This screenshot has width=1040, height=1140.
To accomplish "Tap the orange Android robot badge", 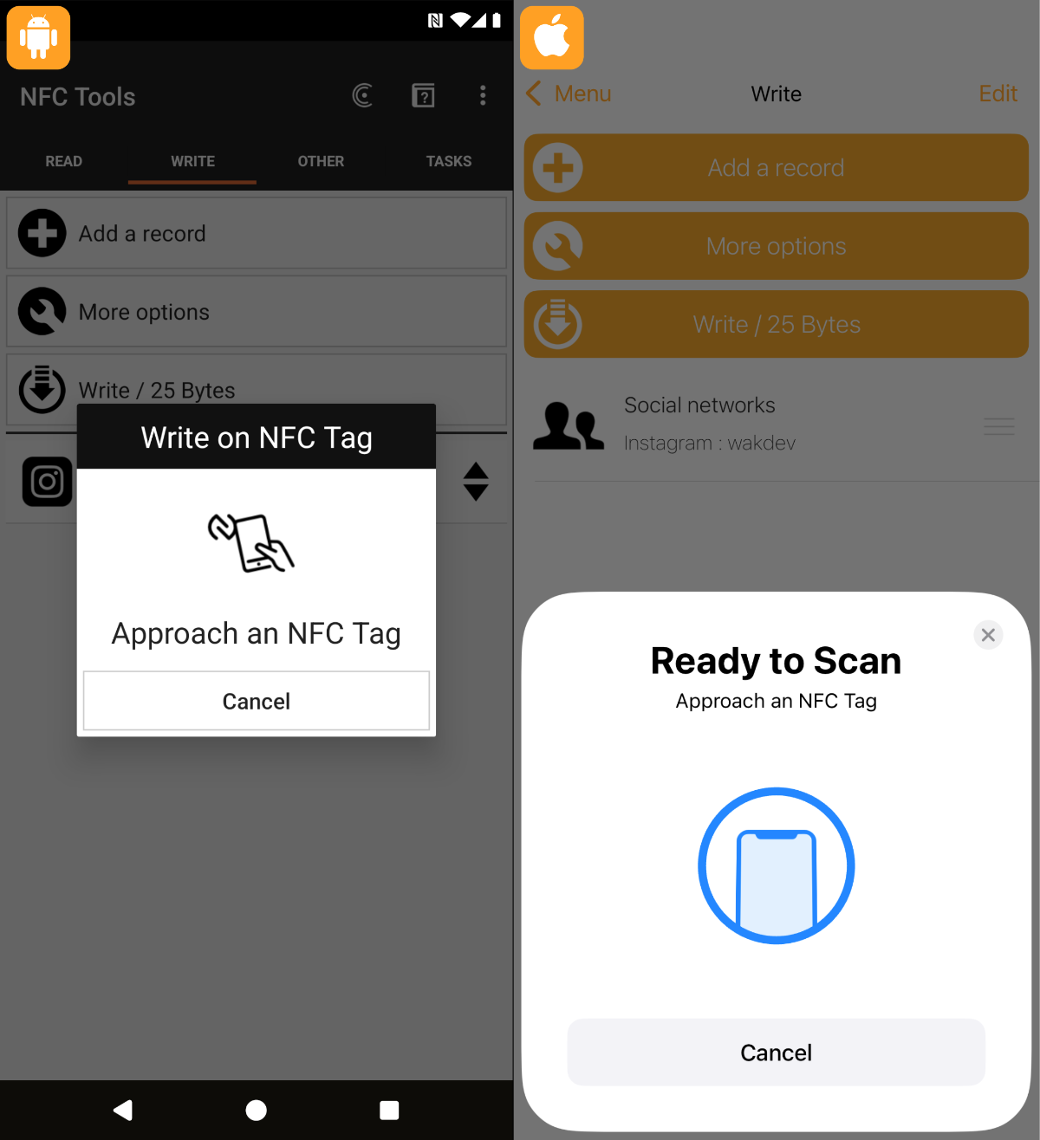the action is click(38, 37).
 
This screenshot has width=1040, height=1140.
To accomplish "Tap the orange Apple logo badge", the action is click(551, 37).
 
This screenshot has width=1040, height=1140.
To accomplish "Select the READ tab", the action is click(63, 161).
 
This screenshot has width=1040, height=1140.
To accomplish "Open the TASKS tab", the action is click(449, 161).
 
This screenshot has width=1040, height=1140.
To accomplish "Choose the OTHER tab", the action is click(321, 161).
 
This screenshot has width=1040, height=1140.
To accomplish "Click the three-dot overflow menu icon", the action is click(483, 95).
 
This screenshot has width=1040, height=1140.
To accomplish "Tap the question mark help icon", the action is click(423, 95).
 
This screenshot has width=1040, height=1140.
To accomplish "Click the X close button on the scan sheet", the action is click(988, 635).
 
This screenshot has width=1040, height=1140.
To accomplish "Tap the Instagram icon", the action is click(47, 482).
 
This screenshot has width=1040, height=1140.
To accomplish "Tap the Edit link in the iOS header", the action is click(998, 94).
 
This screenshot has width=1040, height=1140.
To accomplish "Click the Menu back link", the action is click(569, 94).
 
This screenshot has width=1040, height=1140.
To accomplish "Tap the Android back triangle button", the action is click(123, 1110).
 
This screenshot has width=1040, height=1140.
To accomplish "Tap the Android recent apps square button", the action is click(389, 1110).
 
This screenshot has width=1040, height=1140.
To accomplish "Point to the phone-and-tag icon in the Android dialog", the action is click(250, 542).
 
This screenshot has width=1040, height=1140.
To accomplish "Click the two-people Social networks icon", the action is click(568, 425).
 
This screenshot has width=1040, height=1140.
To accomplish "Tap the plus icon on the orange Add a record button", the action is click(557, 168).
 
